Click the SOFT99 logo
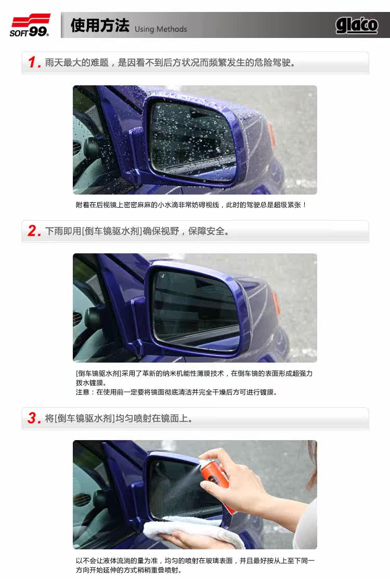pos(30,25)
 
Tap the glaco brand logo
pos(356,25)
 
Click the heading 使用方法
pos(100,25)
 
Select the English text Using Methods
pos(161,29)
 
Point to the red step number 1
pos(34,62)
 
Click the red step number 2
pos(34,231)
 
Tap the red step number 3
pos(34,418)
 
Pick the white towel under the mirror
pos(192,532)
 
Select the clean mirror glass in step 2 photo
pos(196,310)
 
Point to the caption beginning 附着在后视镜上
pos(191,205)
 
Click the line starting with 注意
pos(176,392)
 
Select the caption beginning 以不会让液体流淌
pos(195,565)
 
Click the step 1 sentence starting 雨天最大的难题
pos(170,62)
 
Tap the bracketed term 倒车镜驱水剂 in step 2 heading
pos(112,231)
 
